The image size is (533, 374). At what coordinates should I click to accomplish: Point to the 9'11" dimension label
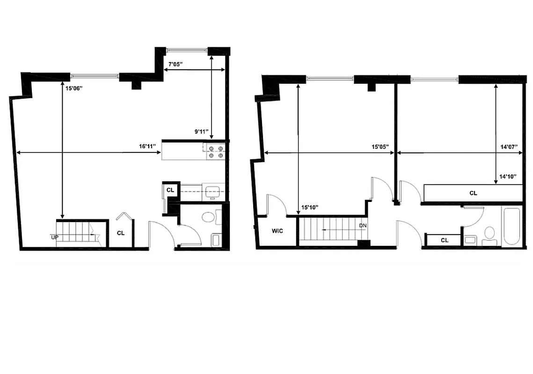click(202, 132)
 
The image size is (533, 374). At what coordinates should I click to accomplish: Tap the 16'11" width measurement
click(147, 146)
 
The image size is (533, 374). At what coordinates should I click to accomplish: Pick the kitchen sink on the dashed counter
click(213, 191)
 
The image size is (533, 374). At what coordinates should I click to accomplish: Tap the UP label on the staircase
click(55, 237)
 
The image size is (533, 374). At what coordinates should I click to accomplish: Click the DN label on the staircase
click(363, 226)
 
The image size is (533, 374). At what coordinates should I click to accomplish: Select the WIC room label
click(277, 231)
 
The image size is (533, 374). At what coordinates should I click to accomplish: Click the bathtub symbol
click(512, 226)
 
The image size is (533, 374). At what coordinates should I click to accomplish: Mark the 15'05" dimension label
click(380, 147)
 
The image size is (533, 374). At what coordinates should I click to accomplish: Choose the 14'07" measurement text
click(508, 147)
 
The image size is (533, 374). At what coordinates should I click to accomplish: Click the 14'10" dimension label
click(508, 176)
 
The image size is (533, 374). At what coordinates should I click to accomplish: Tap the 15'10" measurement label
click(310, 207)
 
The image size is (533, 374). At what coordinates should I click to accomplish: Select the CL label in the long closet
click(473, 193)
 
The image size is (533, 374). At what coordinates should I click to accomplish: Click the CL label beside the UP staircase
click(121, 233)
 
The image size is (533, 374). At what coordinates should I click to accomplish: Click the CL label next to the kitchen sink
click(170, 190)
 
